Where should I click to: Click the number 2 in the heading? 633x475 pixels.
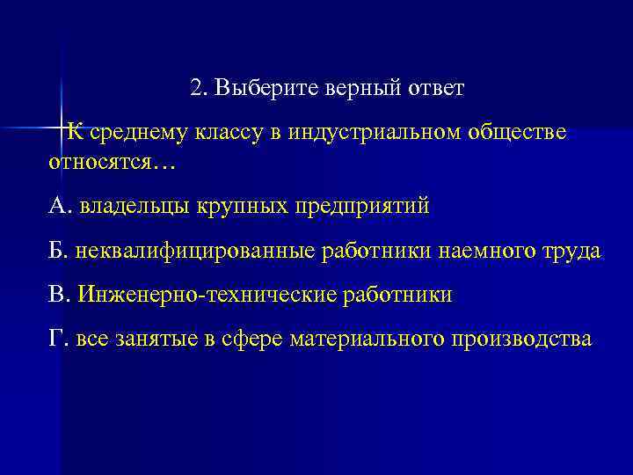pos(195,89)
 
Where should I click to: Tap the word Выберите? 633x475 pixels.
pos(256,89)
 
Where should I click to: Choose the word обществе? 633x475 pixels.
pos(517,133)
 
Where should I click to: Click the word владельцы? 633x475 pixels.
pos(133,207)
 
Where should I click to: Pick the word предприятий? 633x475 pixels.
pos(361,208)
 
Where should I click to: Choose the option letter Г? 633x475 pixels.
pos(57,339)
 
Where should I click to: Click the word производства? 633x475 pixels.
pos(526,339)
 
